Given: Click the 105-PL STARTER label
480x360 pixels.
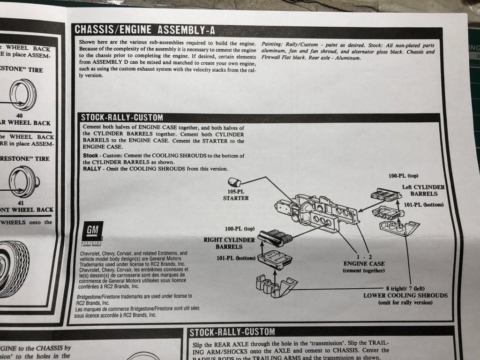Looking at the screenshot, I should [x=236, y=195].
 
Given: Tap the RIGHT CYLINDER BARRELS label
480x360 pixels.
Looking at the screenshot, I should [x=229, y=243].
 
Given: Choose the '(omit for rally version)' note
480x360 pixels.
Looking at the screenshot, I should [x=405, y=303].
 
